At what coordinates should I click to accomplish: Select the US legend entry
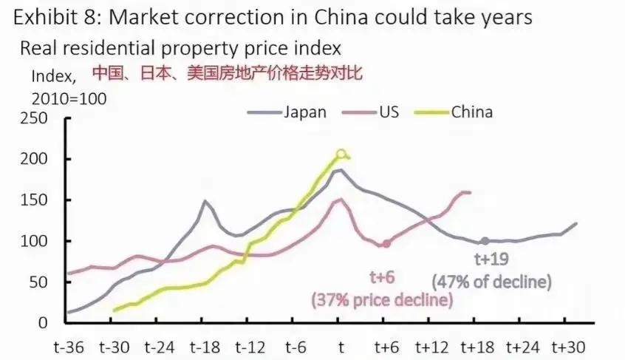[389, 113]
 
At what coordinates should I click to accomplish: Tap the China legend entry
[471, 113]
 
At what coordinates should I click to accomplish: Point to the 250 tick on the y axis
[35, 119]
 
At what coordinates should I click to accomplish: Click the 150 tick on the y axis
[35, 200]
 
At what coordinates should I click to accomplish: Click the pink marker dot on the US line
[386, 243]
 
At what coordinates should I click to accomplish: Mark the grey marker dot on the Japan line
[485, 241]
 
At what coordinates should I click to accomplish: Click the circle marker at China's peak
[341, 154]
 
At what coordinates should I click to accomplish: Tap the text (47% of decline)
[492, 282]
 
